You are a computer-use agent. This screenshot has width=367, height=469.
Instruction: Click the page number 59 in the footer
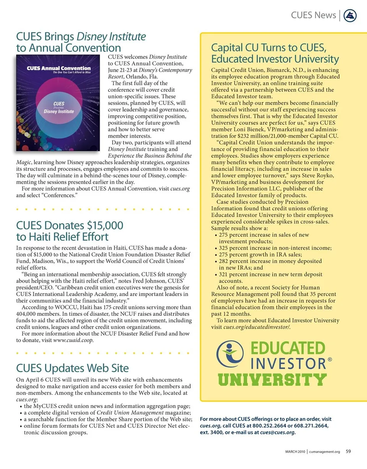348,451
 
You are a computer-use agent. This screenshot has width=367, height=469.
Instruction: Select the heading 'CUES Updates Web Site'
72,368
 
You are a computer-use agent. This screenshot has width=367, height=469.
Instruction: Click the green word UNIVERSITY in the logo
272,380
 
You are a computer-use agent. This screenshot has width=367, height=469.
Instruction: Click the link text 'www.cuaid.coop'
73,340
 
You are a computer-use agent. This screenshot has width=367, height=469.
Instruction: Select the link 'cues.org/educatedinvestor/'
256,327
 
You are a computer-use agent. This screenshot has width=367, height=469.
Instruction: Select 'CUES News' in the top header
313,15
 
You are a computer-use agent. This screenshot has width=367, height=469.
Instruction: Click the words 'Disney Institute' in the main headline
112,37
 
